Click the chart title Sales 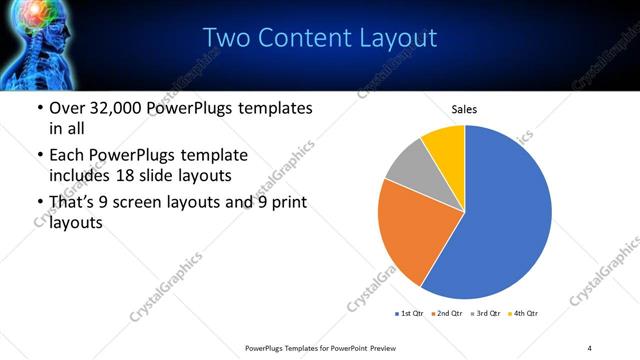[x=464, y=108]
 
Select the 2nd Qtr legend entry [x=446, y=314]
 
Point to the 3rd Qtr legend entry [x=486, y=314]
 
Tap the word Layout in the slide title [x=396, y=38]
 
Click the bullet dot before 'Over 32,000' [x=38, y=109]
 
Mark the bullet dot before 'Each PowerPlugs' [x=38, y=156]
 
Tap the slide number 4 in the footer [x=590, y=347]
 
